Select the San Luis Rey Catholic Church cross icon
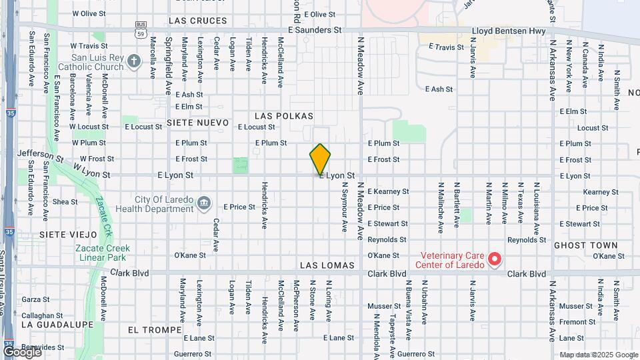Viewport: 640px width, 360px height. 134,62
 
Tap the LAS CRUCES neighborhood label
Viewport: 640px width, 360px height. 198,21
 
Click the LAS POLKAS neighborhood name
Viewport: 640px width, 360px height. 283,116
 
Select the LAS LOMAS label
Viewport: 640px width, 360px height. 323,265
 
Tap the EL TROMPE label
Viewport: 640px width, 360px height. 155,330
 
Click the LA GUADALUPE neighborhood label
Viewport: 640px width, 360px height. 57,324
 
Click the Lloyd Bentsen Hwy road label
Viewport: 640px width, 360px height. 509,31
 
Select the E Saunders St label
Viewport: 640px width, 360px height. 315,30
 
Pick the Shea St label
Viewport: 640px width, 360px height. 65,202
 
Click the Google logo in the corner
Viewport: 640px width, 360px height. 21,351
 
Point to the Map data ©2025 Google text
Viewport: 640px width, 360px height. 598,355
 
